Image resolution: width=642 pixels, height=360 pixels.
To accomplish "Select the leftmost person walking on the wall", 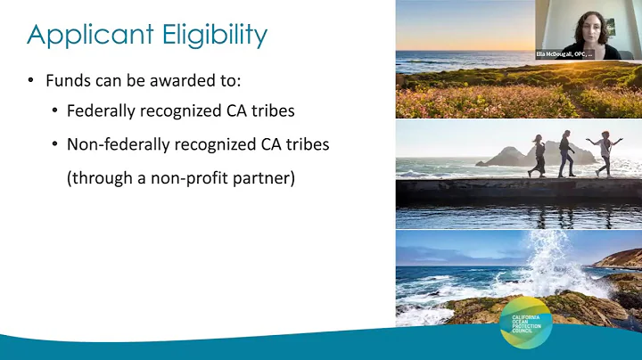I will coord(539,155).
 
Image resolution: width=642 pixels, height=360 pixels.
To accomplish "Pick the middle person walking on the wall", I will coord(568,154).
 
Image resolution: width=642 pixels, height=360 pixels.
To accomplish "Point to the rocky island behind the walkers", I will coord(513,157).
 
